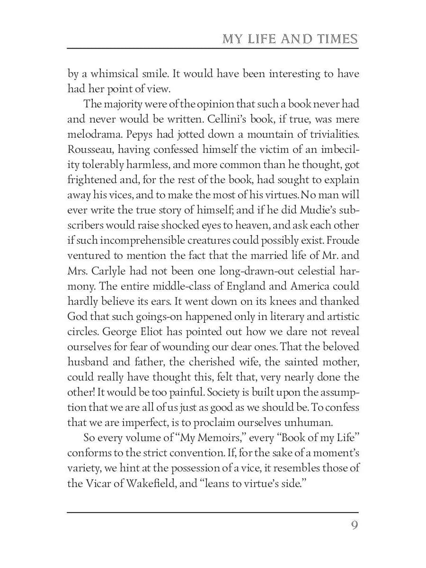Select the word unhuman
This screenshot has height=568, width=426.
[268, 423]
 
